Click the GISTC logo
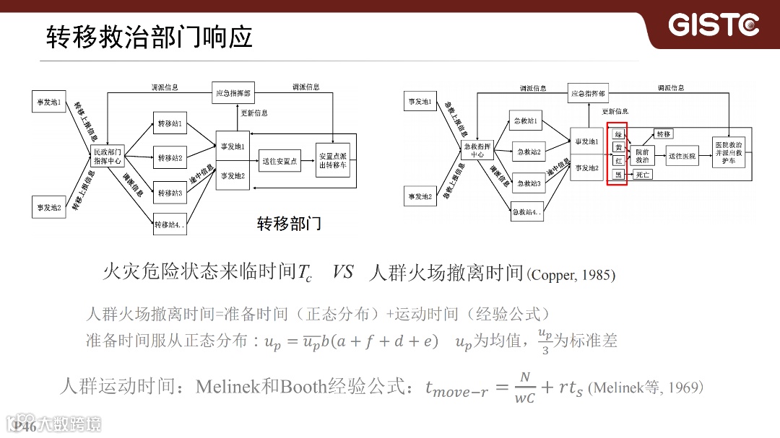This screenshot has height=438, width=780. click(x=714, y=25)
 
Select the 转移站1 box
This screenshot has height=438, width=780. click(x=170, y=123)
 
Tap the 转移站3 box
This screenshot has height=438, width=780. click(x=170, y=193)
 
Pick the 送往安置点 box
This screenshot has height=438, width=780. click(x=279, y=161)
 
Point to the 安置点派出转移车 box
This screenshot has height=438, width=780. click(x=332, y=160)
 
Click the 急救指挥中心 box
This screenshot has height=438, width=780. click(x=477, y=150)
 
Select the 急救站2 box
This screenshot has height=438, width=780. click(x=529, y=152)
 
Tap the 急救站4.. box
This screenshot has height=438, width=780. click(x=527, y=211)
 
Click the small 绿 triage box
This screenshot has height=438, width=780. click(x=618, y=134)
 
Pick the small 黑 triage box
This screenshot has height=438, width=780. click(x=618, y=175)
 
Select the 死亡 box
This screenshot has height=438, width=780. click(x=642, y=175)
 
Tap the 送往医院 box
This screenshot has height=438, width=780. click(x=682, y=155)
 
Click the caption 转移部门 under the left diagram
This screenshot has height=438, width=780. click(x=289, y=224)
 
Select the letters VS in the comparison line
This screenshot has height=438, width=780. click(x=343, y=273)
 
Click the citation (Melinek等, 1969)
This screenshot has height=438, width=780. click(x=646, y=388)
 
